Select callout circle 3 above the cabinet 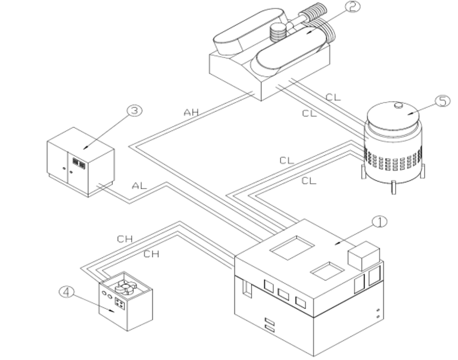click(x=134, y=111)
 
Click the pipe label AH click(x=191, y=112)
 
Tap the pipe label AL click(x=139, y=185)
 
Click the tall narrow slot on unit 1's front click(x=247, y=289)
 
